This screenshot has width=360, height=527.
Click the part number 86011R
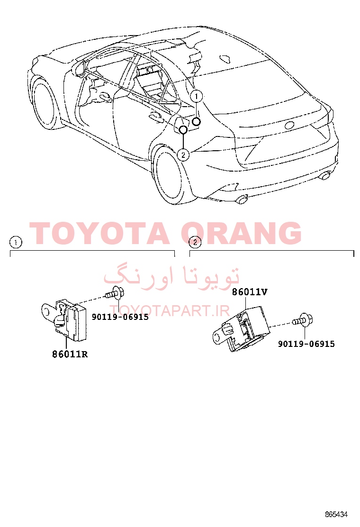pyautogui.click(x=70, y=354)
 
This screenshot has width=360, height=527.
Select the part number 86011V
pyautogui.click(x=250, y=292)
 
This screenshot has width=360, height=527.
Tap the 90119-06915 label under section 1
pyautogui.click(x=120, y=317)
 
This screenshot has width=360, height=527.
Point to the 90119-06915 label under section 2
pyautogui.click(x=306, y=344)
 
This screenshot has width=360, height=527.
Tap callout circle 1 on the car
pyautogui.click(x=197, y=97)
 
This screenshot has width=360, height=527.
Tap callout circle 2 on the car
pyautogui.click(x=183, y=155)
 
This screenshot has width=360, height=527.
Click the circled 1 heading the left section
pyautogui.click(x=16, y=242)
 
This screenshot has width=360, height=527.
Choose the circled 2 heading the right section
pyautogui.click(x=195, y=242)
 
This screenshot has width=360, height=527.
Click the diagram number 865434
pyautogui.click(x=336, y=514)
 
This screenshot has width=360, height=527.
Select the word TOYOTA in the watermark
pyautogui.click(x=99, y=233)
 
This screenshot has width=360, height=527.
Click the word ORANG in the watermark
pyautogui.click(x=241, y=233)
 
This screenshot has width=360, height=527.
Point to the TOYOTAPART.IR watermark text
pyautogui.click(x=170, y=311)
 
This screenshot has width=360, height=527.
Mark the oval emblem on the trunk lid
pyautogui.click(x=289, y=125)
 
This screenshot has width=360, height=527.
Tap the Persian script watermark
pyautogui.click(x=171, y=276)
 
